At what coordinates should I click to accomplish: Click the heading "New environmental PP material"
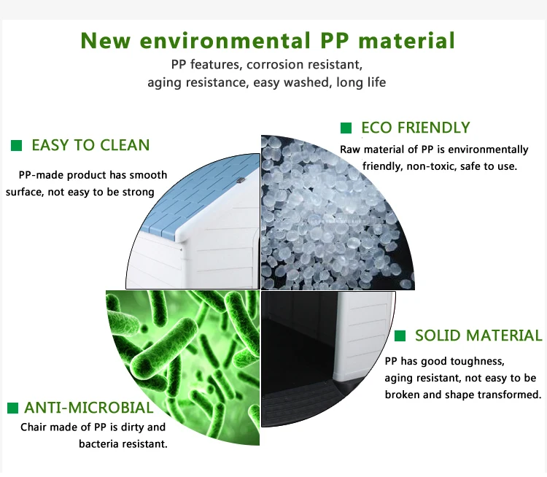coord(268,40)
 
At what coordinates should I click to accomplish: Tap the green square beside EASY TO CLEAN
coord(16,146)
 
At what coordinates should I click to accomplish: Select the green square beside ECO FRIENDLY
coord(346,128)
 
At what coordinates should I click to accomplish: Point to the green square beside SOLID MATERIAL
coord(400,336)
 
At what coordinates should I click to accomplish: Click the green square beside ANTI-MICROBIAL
coord(12,408)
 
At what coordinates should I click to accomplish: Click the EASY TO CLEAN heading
coord(90,145)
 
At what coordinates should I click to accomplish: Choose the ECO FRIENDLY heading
coord(416,128)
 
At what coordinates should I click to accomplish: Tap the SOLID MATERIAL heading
coord(478,336)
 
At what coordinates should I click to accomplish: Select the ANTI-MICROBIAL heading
coord(88,408)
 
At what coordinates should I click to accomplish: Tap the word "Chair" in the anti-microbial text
coord(32,427)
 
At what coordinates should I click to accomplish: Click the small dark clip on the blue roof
coord(241,179)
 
